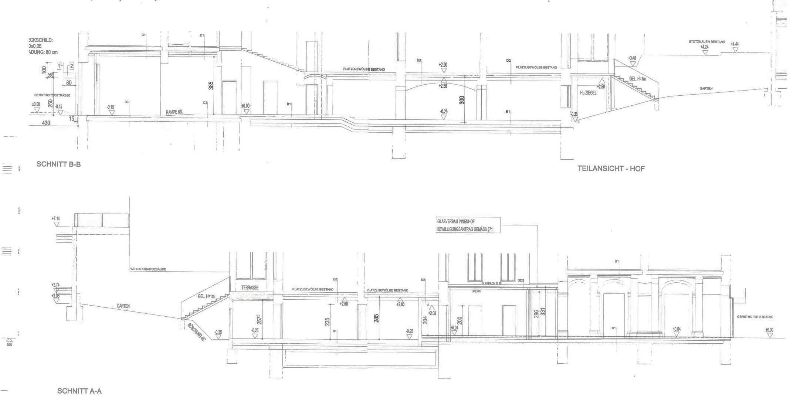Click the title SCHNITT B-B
coord(58,164)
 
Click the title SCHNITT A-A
coord(79,391)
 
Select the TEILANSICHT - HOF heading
coord(611,169)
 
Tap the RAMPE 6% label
coord(174,112)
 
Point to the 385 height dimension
coord(211,85)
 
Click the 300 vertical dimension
coord(461,100)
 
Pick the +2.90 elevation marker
coord(443,65)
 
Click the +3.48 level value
coord(632,58)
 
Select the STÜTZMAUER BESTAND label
coord(706,42)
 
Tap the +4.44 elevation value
coord(734,44)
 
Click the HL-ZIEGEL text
coord(588,93)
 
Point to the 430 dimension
coord(46,123)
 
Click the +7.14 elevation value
coord(56,219)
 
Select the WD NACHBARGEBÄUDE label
coord(148,269)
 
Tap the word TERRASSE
coord(250,288)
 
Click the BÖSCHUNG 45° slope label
coord(196,331)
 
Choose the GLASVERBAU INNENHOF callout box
coord(468,225)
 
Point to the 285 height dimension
coord(376,318)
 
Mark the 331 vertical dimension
coord(543,312)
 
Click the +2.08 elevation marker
coord(432,313)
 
